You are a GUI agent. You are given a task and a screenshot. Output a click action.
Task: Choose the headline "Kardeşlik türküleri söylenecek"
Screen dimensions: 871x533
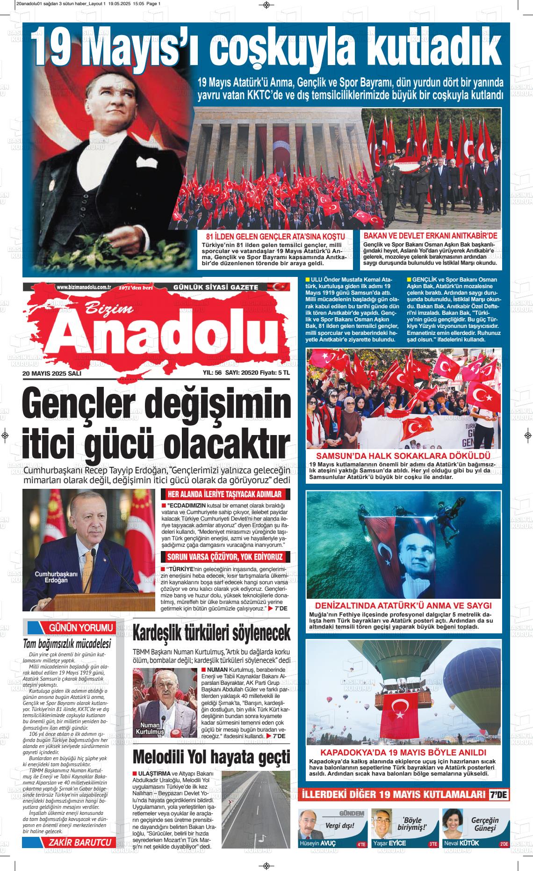click(x=211, y=633)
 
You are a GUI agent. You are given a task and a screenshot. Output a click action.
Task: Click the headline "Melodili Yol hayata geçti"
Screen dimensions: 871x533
click(x=211, y=757)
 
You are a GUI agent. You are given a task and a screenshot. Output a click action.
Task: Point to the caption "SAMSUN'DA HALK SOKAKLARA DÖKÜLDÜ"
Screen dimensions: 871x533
click(x=403, y=456)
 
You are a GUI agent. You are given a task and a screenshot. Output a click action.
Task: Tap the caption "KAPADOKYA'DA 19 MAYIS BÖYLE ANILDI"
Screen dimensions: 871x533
click(x=403, y=753)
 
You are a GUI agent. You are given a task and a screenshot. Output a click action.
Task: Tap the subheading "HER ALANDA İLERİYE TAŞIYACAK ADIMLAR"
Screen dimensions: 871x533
click(x=225, y=494)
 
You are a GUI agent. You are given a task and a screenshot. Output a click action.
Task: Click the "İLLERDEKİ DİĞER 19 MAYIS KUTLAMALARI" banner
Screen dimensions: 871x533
click(x=394, y=794)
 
